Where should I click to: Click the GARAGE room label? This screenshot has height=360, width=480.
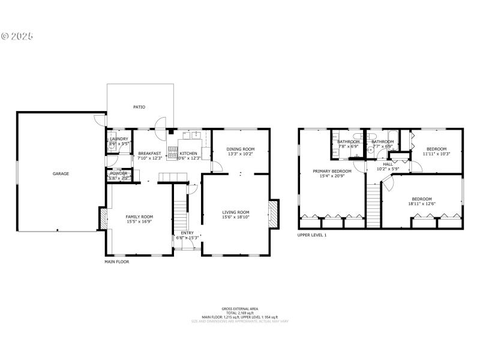coord(61,174)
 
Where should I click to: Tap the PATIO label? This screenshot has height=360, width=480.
coord(139,107)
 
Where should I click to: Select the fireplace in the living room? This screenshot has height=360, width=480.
coord(274,214)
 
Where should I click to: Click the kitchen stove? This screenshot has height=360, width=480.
coord(173,151)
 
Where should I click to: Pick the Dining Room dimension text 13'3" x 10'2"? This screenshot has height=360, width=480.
coord(240,154)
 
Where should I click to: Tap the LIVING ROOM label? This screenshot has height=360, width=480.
coord(236,212)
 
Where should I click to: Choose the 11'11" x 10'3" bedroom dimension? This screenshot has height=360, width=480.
coord(436,154)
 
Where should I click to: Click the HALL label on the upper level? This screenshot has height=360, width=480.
coord(388,164)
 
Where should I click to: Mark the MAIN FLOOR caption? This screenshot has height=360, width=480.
coord(117,262)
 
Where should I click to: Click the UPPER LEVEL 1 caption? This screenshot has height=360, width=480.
coord(312,235)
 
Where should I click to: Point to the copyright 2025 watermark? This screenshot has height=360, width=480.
coord(17,36)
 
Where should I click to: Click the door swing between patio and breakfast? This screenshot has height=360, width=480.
coord(158,122)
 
